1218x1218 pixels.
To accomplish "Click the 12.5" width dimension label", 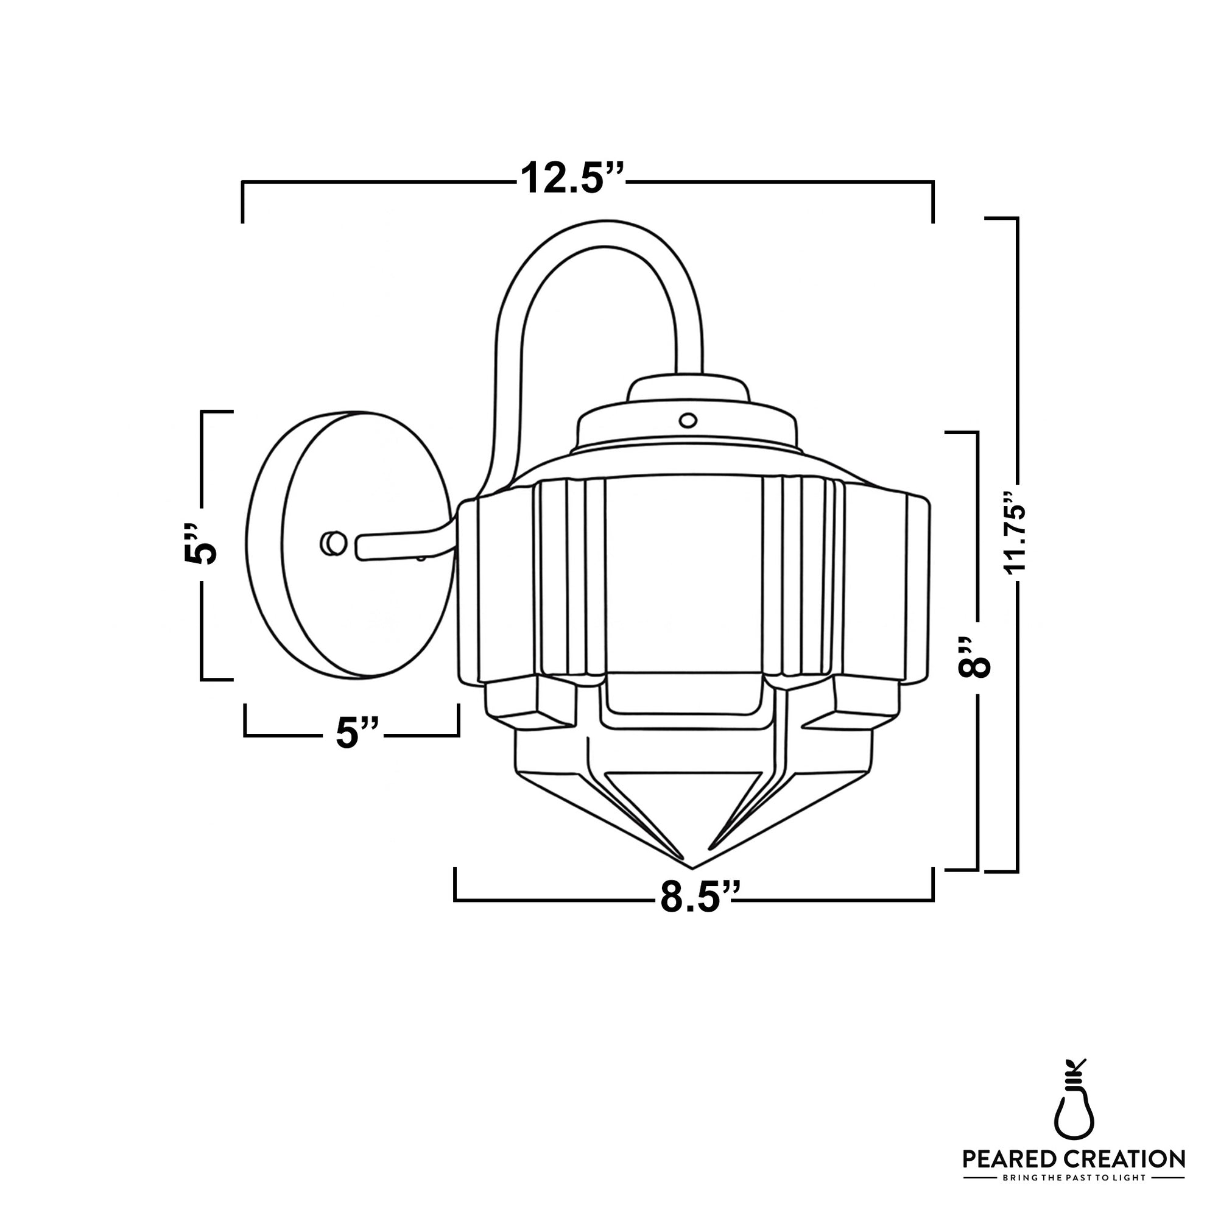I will [571, 179].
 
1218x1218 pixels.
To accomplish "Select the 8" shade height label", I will [974, 657].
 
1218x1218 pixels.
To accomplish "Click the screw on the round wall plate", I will [333, 543].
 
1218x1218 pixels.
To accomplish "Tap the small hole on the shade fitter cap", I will [688, 419].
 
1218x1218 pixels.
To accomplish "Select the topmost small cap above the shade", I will [689, 389].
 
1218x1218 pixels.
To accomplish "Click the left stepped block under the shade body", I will [530, 706].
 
